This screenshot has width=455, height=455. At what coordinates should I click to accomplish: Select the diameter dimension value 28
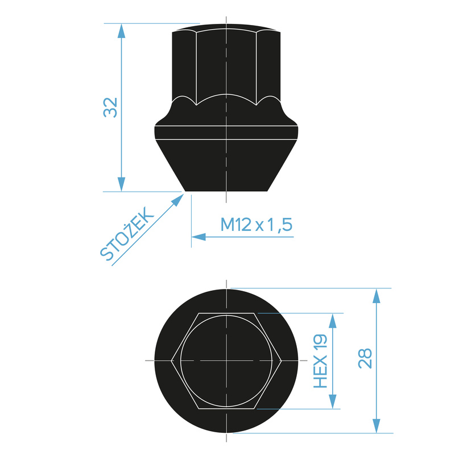pos(365,358)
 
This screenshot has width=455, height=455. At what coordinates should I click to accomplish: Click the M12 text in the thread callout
pos(236,225)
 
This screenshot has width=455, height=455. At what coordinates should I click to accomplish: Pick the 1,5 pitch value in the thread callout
pos(279,225)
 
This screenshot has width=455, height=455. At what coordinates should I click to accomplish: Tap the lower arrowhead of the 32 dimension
pos(121,184)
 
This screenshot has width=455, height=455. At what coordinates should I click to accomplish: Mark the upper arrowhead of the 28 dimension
pos(376,296)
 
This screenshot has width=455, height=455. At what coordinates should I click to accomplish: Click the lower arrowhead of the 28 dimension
pos(376,425)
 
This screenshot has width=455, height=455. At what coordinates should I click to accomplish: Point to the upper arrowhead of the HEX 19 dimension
pos(333,320)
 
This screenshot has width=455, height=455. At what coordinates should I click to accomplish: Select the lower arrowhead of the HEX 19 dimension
pos(333,402)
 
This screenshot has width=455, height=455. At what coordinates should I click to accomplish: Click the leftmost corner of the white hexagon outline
pos(172,361)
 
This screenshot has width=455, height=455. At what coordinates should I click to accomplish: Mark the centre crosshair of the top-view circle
pos(226,361)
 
